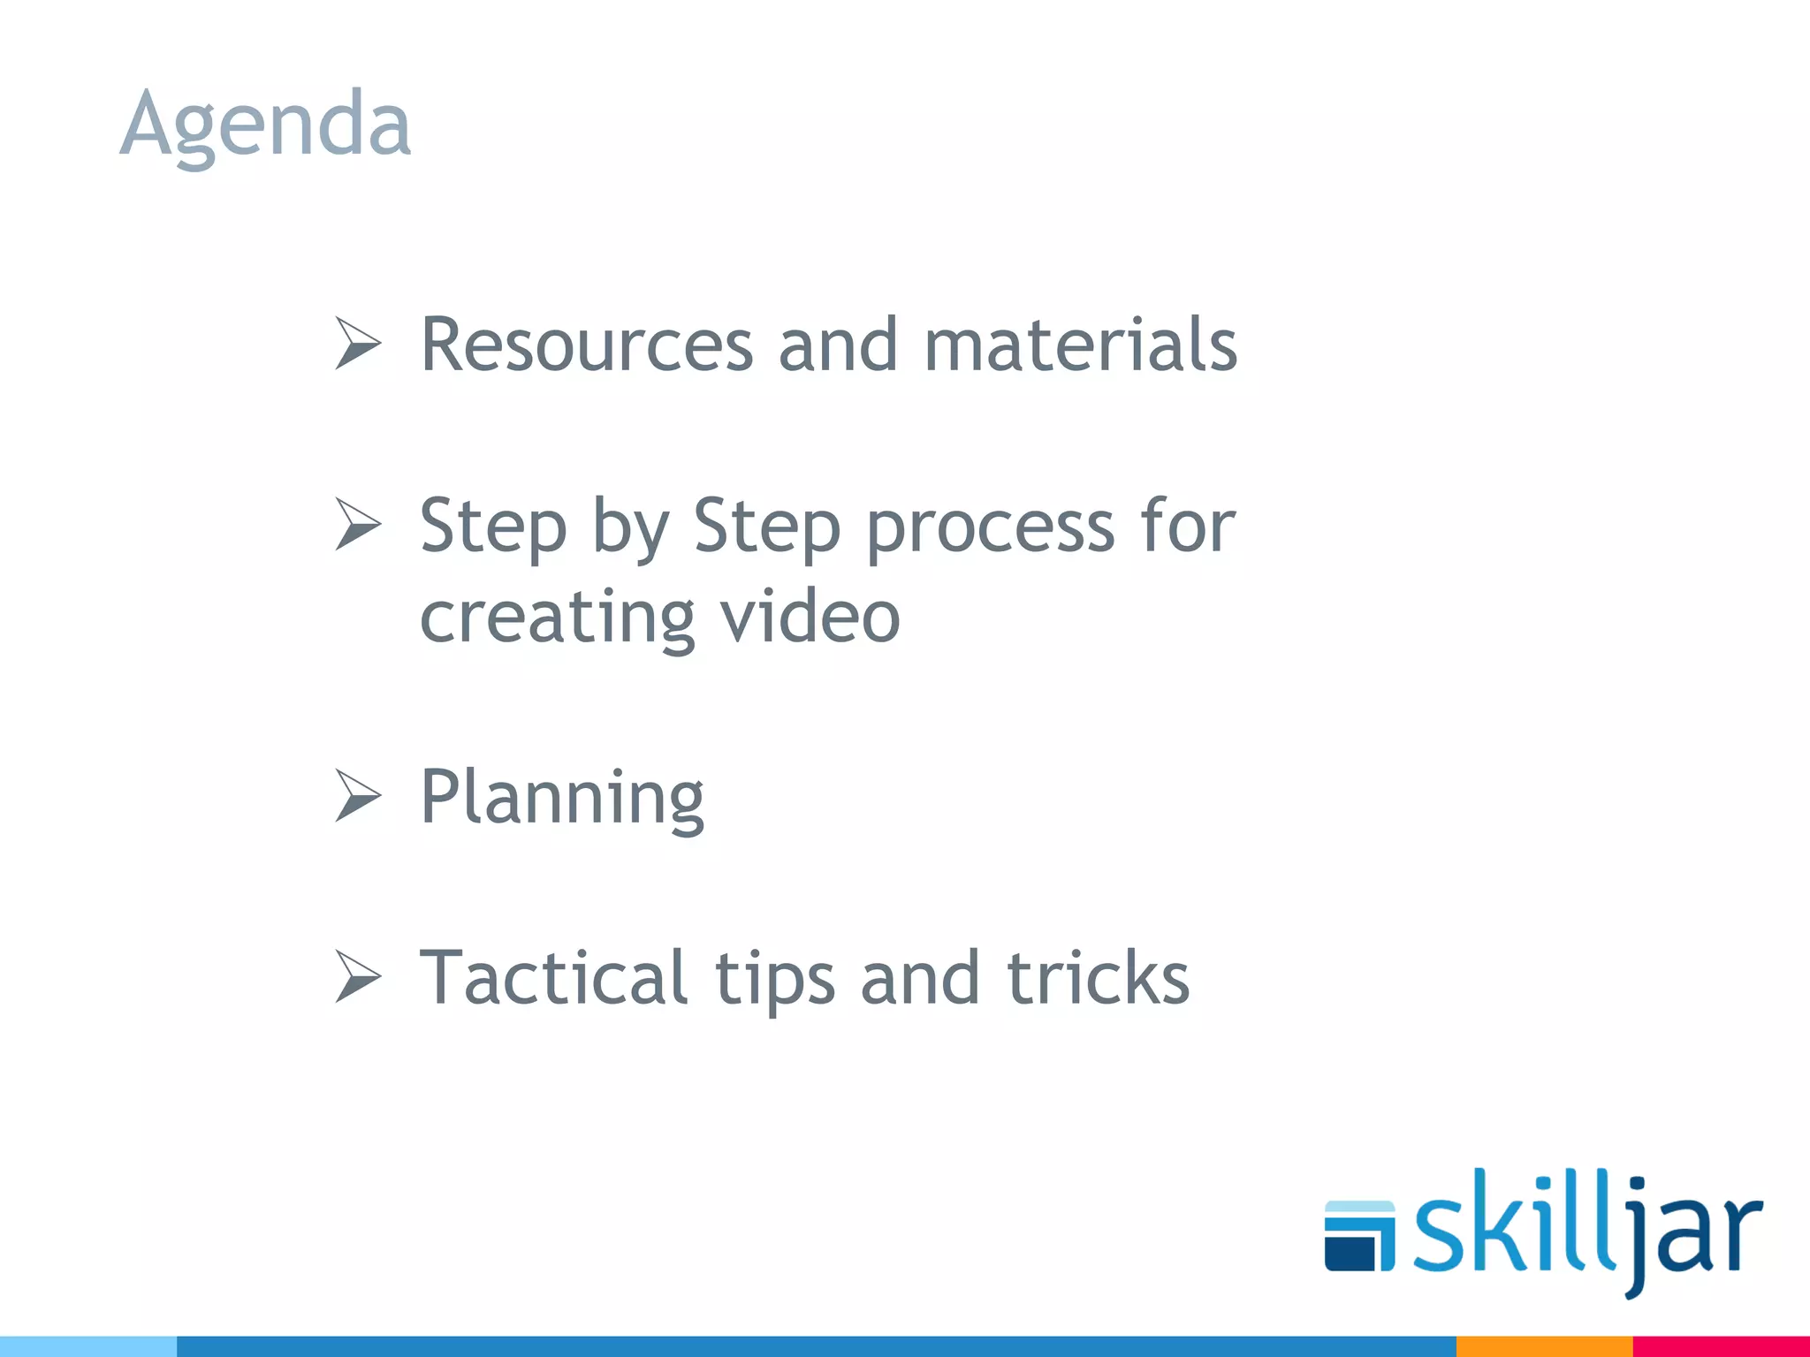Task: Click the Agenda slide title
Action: click(265, 124)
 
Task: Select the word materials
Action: click(1080, 345)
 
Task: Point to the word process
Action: click(990, 527)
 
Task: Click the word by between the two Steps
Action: click(629, 527)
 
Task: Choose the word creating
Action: click(557, 618)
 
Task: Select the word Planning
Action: click(562, 798)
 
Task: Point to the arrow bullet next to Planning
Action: click(357, 795)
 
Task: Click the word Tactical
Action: click(553, 978)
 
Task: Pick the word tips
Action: click(774, 980)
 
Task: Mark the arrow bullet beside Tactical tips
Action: click(357, 977)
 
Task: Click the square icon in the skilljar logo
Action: click(1359, 1236)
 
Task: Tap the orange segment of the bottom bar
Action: click(1543, 1346)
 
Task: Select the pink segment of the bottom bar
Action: click(1721, 1346)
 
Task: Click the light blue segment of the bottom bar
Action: click(88, 1346)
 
